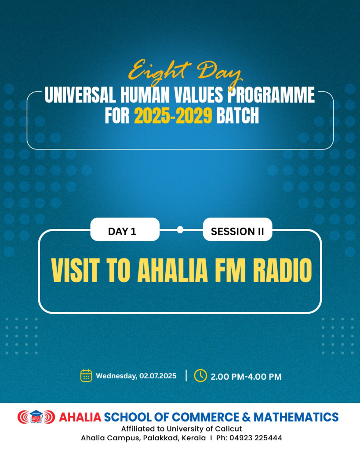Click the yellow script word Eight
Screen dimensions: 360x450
click(160, 72)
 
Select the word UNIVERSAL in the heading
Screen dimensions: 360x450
click(80, 95)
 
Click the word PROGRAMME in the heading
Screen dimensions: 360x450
click(271, 95)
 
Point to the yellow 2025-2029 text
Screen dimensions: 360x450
click(173, 116)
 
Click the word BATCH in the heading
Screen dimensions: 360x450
click(238, 116)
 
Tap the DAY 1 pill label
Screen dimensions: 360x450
click(122, 231)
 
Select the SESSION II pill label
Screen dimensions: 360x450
click(237, 231)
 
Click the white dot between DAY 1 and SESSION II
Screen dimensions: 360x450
click(180, 229)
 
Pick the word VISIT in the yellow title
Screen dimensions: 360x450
click(76, 270)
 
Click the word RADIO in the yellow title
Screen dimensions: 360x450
click(282, 270)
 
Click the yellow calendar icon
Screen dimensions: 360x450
click(86, 376)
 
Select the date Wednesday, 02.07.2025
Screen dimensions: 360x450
click(136, 376)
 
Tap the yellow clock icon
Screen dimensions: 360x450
click(200, 375)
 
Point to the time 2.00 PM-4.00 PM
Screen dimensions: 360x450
click(246, 377)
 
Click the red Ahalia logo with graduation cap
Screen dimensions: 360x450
click(36, 417)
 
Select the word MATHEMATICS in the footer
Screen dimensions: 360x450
click(296, 417)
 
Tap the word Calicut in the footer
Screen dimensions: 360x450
click(229, 429)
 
